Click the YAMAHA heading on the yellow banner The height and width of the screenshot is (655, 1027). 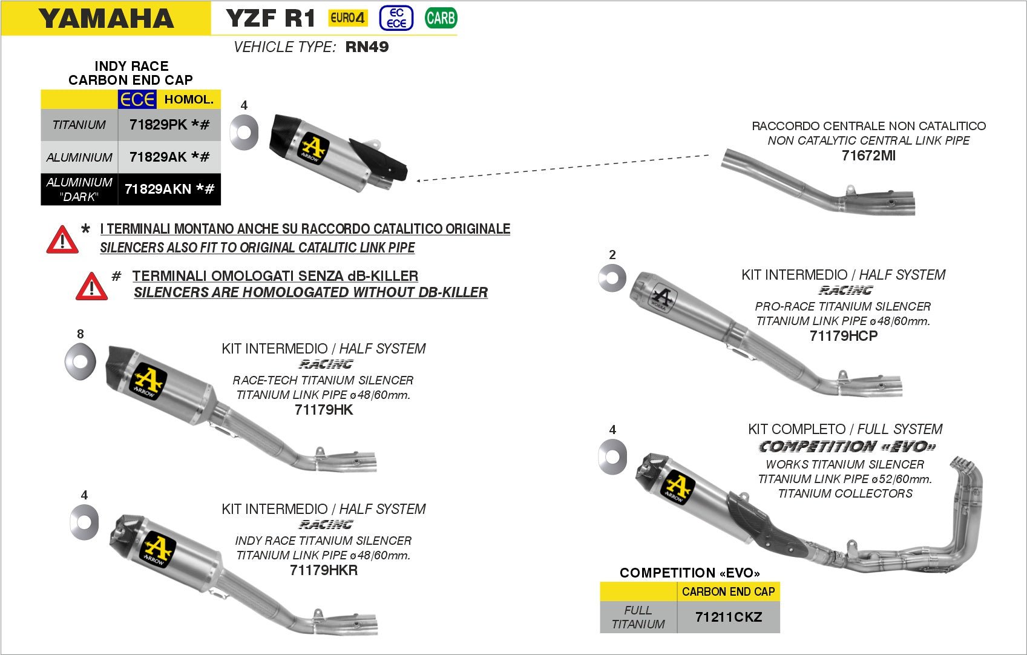(x=106, y=19)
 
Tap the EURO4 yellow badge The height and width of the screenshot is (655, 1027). (x=348, y=18)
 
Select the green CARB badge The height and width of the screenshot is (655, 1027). (x=441, y=18)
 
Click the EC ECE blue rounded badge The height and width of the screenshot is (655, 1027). (x=396, y=18)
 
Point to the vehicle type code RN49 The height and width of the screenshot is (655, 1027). (x=367, y=47)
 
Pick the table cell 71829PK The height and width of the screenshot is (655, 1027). (x=169, y=125)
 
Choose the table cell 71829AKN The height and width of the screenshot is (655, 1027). (x=169, y=189)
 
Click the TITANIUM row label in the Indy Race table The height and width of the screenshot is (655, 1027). (x=79, y=125)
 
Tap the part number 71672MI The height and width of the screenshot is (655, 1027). (x=868, y=156)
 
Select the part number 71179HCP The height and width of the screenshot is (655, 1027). (x=843, y=336)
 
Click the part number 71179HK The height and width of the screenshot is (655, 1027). (x=324, y=410)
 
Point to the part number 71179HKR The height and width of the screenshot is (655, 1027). (x=324, y=570)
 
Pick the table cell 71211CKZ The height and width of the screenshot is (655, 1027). (x=728, y=617)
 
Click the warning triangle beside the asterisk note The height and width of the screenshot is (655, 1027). (x=62, y=240)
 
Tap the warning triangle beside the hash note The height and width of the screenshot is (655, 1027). (x=91, y=286)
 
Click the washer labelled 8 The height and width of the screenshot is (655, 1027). (x=80, y=361)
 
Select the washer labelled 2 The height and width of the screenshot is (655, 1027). (x=612, y=278)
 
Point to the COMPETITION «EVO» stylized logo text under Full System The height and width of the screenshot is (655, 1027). (x=847, y=447)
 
